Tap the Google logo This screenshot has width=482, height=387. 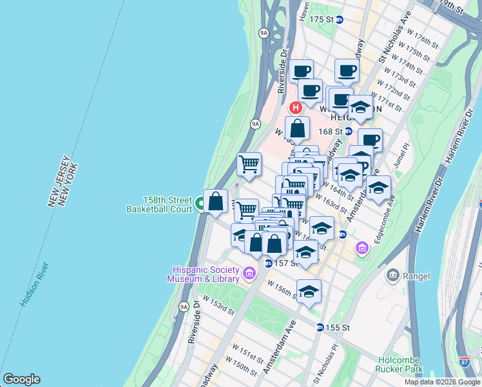(21, 379)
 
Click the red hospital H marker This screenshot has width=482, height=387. (296, 108)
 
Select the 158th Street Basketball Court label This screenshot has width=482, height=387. (159, 204)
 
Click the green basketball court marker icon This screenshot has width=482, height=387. (200, 204)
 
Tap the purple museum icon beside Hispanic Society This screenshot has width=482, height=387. (249, 274)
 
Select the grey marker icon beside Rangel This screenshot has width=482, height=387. (392, 276)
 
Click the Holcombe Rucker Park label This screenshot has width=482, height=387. (399, 364)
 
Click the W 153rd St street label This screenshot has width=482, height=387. (218, 305)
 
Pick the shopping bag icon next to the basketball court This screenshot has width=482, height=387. (215, 201)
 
